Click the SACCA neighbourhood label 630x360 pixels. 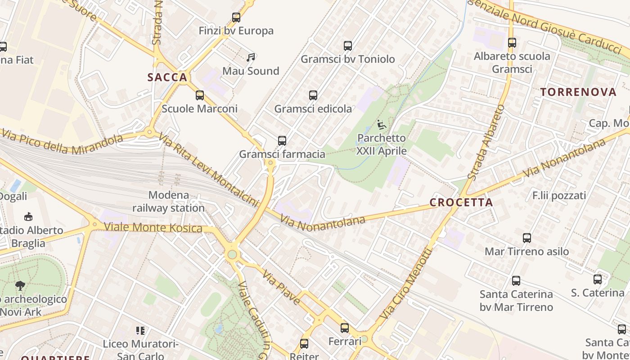[167, 77]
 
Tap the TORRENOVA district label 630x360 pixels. [578, 92]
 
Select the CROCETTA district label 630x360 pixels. [461, 202]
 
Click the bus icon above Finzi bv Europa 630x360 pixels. [236, 18]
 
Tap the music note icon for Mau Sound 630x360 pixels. [251, 58]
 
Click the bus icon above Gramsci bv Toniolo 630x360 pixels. [347, 45]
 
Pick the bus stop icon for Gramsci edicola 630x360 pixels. [313, 95]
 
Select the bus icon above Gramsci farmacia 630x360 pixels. [282, 141]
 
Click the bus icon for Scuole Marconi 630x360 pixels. [200, 95]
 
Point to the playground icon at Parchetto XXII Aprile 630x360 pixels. [382, 124]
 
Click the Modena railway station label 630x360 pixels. [168, 202]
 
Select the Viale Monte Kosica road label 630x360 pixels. [153, 227]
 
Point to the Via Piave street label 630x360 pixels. [281, 288]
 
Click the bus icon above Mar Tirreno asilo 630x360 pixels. [527, 238]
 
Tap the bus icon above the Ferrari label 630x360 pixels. [345, 328]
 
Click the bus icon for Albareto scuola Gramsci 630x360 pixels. [512, 43]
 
